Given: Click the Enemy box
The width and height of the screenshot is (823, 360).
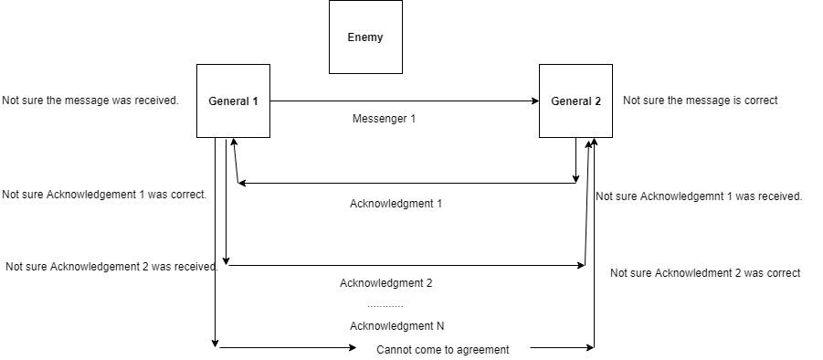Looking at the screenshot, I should tap(365, 37).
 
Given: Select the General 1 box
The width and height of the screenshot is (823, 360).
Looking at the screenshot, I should tap(233, 101).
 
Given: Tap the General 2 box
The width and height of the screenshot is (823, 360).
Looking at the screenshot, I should tap(575, 101).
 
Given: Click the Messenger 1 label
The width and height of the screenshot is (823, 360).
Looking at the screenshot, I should tap(384, 119).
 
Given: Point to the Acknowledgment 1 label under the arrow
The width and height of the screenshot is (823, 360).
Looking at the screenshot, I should tap(396, 204).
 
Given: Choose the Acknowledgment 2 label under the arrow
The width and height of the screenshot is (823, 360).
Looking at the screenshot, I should tap(385, 283).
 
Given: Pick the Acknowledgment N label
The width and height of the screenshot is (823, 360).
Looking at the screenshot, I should tap(396, 326).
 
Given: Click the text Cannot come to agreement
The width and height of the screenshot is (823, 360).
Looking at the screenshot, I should tap(443, 349).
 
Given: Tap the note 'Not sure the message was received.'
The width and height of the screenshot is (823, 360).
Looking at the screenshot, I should tap(90, 101).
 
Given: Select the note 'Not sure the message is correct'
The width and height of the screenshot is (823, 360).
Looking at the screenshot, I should tap(700, 101).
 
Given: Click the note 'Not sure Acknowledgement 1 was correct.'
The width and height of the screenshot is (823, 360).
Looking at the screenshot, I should tap(104, 195).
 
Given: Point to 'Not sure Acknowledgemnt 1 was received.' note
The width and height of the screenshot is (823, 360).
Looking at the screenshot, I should tap(699, 196).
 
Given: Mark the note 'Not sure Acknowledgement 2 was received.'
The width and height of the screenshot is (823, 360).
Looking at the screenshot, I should tap(111, 267).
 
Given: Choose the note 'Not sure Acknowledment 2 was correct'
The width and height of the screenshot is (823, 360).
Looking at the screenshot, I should tap(705, 273).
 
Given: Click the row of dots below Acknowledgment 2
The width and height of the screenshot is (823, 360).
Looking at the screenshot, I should tap(385, 305).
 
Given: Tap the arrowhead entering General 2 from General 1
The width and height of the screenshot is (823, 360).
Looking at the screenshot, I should tap(535, 101).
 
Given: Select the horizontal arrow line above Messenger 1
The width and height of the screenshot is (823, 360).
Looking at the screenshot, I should tap(402, 101).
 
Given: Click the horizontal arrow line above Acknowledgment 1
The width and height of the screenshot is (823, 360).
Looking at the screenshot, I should tap(406, 184).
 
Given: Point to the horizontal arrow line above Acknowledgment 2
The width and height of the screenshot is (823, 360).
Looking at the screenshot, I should tap(406, 266).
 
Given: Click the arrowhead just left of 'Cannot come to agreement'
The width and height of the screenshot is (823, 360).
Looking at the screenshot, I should tap(353, 347).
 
